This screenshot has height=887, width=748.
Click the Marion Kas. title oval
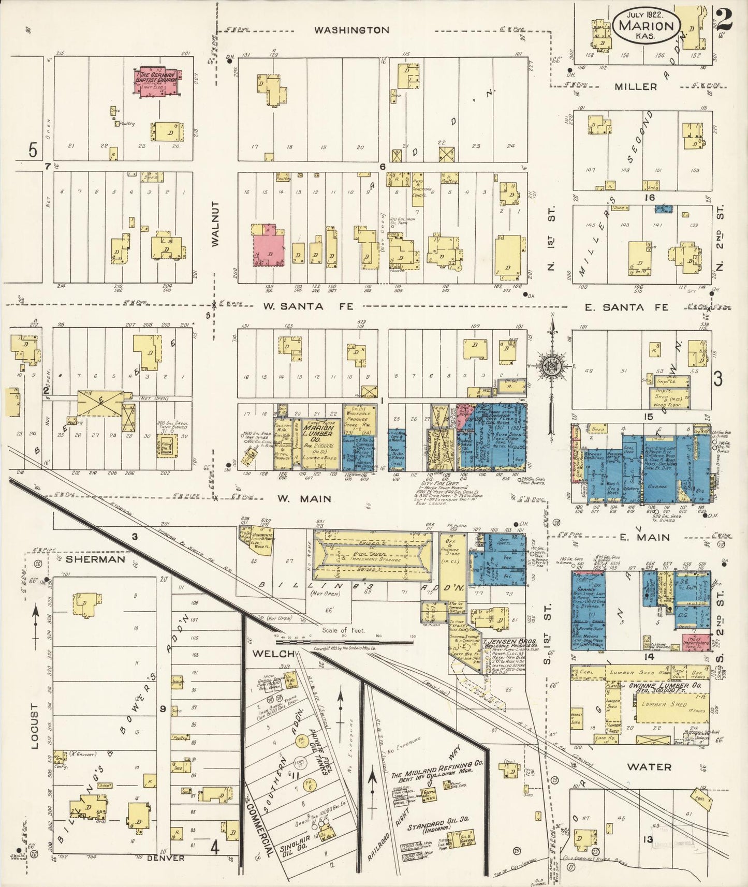pyautogui.click(x=646, y=25)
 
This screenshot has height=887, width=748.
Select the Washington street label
pyautogui.click(x=351, y=30)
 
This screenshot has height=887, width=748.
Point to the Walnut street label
pyautogui.click(x=216, y=224)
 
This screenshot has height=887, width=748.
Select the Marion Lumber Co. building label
pyautogui.click(x=318, y=432)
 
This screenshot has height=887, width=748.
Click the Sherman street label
pyautogui.click(x=96, y=559)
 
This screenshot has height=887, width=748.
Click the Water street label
pyautogui.click(x=649, y=767)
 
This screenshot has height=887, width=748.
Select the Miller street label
pyautogui.click(x=636, y=86)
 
